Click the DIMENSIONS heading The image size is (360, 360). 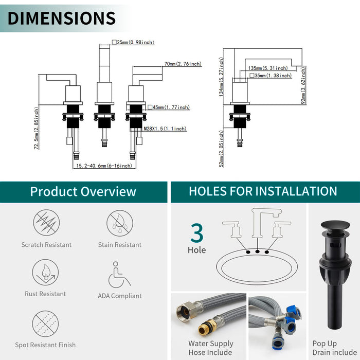pyautogui.click(x=62, y=18)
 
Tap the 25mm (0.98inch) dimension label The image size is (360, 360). pyautogui.click(x=133, y=42)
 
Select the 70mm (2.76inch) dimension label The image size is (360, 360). pyautogui.click(x=183, y=64)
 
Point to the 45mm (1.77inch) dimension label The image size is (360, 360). pyautogui.click(x=169, y=107)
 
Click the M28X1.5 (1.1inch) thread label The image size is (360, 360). pyautogui.click(x=165, y=129)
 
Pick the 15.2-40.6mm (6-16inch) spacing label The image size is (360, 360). pyautogui.click(x=104, y=166)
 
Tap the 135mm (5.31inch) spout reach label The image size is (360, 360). pyautogui.click(x=268, y=68)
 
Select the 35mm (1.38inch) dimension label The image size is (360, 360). pyautogui.click(x=271, y=75)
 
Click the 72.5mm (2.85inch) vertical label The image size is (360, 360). pyautogui.click(x=37, y=128)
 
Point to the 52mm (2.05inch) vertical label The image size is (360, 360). pyautogui.click(x=221, y=149)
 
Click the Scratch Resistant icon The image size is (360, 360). pyautogui.click(x=46, y=223)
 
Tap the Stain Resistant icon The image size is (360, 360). pyautogui.click(x=120, y=223)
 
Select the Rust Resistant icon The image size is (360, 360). pyautogui.click(x=45, y=273)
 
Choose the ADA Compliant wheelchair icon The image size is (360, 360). pyautogui.click(x=119, y=275)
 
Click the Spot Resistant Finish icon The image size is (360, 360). pyautogui.click(x=45, y=323)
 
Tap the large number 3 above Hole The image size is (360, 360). pyautogui.click(x=197, y=233)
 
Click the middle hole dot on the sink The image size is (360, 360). pyautogui.click(x=257, y=251)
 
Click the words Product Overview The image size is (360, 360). pyautogui.click(x=83, y=192)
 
